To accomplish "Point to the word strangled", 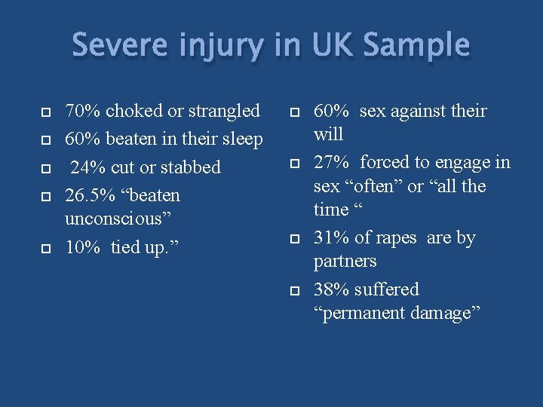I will (x=224, y=112).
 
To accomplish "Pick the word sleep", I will (x=240, y=139).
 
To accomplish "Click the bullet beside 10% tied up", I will (x=45, y=248).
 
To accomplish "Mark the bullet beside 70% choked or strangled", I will (x=45, y=112).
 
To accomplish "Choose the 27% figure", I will (x=331, y=163).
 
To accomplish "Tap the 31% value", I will (x=331, y=238).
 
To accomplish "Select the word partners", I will (x=345, y=262).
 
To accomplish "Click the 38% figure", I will (x=331, y=289).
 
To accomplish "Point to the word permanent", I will (x=362, y=314).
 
